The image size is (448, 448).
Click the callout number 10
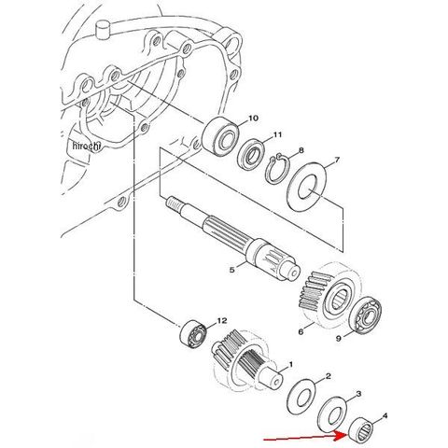pyautogui.click(x=253, y=119)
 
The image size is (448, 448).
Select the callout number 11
pyautogui.click(x=277, y=134)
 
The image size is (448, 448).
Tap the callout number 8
pyautogui.click(x=301, y=151)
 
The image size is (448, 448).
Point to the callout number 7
pyautogui.click(x=337, y=161)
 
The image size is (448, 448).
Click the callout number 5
pyautogui.click(x=232, y=270)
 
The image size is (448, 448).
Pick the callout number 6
pyautogui.click(x=301, y=332)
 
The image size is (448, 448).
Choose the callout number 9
pyautogui.click(x=339, y=339)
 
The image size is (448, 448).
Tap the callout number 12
pyautogui.click(x=222, y=320)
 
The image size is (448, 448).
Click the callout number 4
pyautogui.click(x=385, y=415)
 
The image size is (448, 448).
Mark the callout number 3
pyautogui.click(x=358, y=394)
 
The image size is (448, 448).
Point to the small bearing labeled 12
pyautogui.click(x=193, y=332)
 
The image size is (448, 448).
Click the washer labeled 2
pyautogui.click(x=301, y=397)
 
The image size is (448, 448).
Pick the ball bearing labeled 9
pyautogui.click(x=365, y=315)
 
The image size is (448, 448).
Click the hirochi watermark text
pyautogui.click(x=87, y=146)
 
